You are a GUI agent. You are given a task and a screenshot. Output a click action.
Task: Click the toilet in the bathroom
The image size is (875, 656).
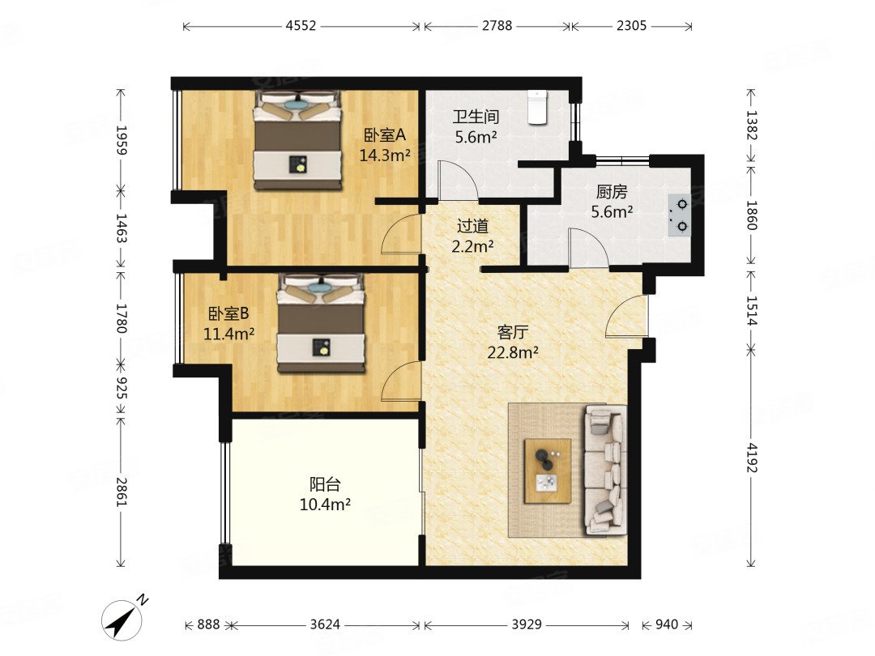click(x=537, y=107)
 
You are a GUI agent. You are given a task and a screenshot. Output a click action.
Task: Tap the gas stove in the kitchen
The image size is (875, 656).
click(x=681, y=215)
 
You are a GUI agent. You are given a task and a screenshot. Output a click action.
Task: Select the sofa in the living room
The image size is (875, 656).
click(x=605, y=470)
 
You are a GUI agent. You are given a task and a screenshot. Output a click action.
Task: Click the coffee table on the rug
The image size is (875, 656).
click(x=548, y=471)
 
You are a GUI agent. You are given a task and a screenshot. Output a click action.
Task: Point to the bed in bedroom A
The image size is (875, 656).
click(x=297, y=141)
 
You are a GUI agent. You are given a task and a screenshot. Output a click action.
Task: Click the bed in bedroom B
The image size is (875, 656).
click(x=321, y=323)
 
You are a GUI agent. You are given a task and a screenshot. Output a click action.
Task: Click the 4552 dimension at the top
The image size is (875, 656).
click(x=301, y=26)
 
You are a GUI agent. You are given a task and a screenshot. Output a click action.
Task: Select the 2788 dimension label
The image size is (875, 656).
click(x=497, y=26)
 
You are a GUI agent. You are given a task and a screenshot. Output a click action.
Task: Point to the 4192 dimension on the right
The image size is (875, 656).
click(x=752, y=458)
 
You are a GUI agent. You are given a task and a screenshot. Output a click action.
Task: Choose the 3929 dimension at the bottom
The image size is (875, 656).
click(x=527, y=624)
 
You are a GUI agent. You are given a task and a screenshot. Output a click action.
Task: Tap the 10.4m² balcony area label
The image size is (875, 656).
click(x=325, y=505)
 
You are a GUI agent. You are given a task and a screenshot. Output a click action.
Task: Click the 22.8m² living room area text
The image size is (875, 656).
click(x=513, y=352)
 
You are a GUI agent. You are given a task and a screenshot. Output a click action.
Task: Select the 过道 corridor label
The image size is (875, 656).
click(x=472, y=226)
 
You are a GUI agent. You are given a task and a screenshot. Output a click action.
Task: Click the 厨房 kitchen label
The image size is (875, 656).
click(x=612, y=192)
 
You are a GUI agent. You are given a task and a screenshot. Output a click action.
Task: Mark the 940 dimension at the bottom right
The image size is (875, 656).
click(x=666, y=624)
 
